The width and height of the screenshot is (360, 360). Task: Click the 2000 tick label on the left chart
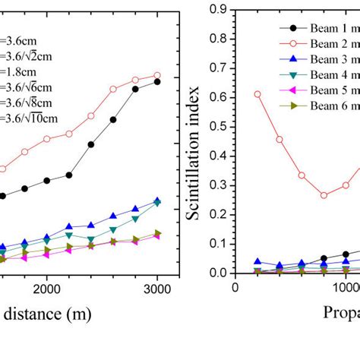click(x=47, y=289)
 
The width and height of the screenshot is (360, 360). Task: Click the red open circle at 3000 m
click(x=157, y=76)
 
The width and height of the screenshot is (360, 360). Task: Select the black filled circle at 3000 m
click(x=157, y=81)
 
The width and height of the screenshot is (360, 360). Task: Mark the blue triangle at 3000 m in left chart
click(x=157, y=201)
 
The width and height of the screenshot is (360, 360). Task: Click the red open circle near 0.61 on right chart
click(x=257, y=94)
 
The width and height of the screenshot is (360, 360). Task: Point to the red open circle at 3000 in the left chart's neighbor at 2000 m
click(x=47, y=139)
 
